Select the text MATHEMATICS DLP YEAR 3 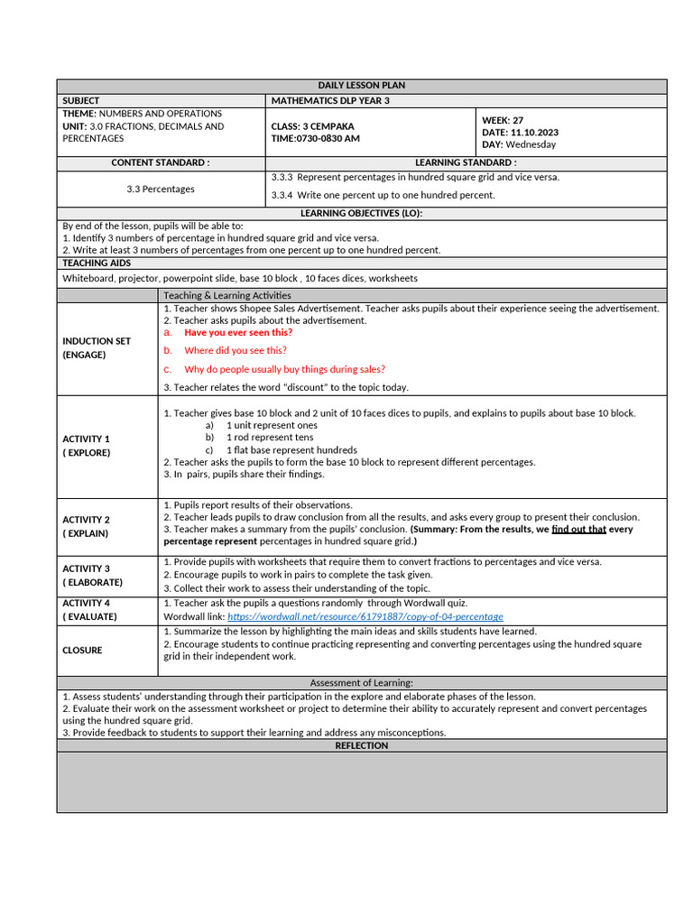(x=330, y=100)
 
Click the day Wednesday (x=531, y=144)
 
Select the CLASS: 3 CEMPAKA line (x=312, y=126)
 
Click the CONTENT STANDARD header (x=161, y=162)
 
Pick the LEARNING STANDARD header (x=466, y=162)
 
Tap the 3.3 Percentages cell (x=161, y=189)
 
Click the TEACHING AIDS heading (x=97, y=263)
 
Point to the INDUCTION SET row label (x=97, y=341)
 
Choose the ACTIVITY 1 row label (x=87, y=439)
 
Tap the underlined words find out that (x=578, y=530)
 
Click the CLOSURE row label (x=82, y=650)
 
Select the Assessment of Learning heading (x=362, y=683)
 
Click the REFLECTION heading (x=362, y=746)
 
